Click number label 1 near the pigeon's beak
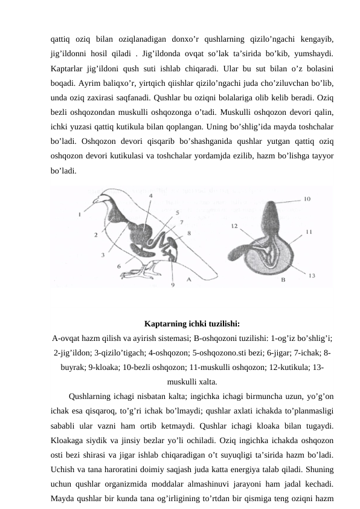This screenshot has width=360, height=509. (80, 213)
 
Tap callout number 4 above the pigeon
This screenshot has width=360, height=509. (150, 196)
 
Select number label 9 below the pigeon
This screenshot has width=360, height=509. (173, 285)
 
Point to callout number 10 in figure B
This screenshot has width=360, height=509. (307, 198)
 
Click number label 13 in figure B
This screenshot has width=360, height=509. (311, 275)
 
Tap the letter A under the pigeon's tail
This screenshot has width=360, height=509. (189, 279)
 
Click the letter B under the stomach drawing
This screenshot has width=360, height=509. (283, 280)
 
